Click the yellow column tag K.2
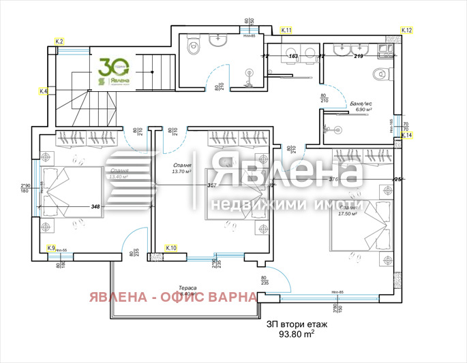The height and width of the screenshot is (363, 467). tap(59, 42)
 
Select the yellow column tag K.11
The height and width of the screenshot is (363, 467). tap(286, 31)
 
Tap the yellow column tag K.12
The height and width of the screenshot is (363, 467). tap(407, 31)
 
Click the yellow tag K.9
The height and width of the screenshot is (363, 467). tap(51, 249)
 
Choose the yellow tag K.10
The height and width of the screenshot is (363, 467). tap(171, 249)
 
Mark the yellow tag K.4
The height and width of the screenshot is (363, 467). tap(44, 91)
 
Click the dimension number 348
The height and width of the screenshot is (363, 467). tap(95, 206)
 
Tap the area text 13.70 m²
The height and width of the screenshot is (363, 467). tap(183, 172)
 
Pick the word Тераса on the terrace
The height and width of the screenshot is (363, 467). tap(188, 287)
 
